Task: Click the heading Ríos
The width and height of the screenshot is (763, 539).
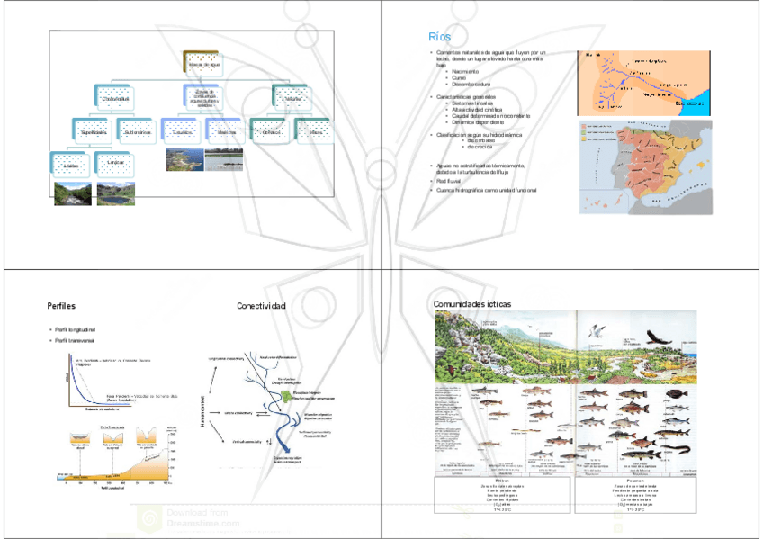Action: [x=440, y=37]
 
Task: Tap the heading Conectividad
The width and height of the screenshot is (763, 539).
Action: [x=261, y=306]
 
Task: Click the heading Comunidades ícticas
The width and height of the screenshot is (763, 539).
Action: [x=472, y=304]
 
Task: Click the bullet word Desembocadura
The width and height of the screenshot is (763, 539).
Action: [x=470, y=85]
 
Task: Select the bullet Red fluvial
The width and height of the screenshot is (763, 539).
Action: [x=450, y=181]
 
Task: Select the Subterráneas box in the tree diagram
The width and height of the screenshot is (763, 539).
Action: [x=137, y=131]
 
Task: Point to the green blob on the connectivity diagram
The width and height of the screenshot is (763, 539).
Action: [x=286, y=394]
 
